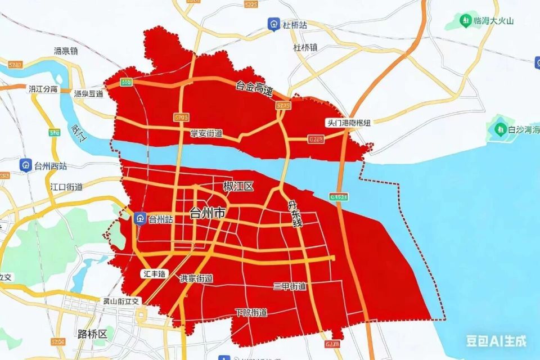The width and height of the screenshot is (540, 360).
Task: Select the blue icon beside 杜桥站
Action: pos(273,24)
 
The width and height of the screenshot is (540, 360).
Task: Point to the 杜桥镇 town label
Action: pos(305,48)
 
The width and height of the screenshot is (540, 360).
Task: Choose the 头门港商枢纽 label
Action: pos(349,122)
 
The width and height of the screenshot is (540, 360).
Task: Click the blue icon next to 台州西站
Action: pos(25,165)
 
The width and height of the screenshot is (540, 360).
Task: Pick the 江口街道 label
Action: pos(66,187)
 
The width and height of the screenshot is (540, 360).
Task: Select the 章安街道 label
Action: pos(206,133)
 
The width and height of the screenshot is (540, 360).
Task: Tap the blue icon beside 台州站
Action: pos(139,219)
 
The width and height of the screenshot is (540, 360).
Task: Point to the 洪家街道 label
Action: pos(196,278)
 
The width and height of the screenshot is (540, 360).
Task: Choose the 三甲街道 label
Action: pos(290,286)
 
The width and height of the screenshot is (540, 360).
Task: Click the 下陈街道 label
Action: pos(251,312)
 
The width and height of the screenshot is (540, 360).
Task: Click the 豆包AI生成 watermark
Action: pos(496,340)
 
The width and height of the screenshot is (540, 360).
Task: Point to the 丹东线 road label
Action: pos(295,214)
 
